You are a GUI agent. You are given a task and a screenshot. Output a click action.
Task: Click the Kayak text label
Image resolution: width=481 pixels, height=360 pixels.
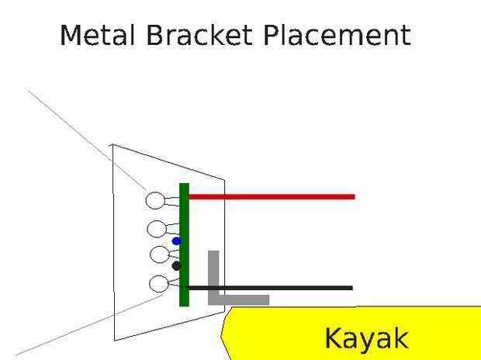tap(365, 339)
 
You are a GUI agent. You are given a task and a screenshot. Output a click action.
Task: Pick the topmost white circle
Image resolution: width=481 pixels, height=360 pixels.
tap(155, 200)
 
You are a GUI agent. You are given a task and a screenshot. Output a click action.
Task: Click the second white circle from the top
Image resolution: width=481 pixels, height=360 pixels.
tap(157, 229)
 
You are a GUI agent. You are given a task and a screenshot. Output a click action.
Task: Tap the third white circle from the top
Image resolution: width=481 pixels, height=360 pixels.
tap(159, 254)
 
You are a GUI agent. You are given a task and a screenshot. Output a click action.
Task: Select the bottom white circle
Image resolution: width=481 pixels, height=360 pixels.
tap(158, 284)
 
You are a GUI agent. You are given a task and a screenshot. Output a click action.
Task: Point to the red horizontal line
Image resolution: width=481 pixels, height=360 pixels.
tap(272, 197)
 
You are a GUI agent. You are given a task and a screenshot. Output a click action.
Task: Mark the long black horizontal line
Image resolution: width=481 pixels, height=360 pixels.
tap(272, 288)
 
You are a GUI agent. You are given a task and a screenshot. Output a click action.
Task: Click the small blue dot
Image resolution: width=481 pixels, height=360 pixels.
tap(176, 241)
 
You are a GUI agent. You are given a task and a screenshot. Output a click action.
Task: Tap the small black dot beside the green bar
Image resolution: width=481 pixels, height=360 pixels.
tap(176, 266)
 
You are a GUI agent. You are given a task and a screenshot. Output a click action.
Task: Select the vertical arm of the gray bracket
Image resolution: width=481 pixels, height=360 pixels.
tap(213, 272)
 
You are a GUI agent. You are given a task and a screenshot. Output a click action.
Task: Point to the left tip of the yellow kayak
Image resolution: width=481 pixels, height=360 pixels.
tap(223, 332)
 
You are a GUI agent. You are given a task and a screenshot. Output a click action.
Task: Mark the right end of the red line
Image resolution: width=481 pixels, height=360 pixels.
tap(353, 197)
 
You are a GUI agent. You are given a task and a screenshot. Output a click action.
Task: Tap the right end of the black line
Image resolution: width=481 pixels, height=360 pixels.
tap(351, 288)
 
